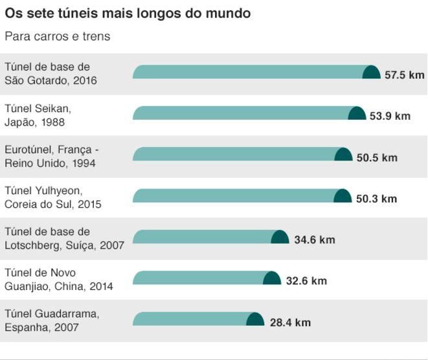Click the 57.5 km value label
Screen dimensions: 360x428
[x=404, y=75]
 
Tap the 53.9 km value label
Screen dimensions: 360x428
[x=390, y=116]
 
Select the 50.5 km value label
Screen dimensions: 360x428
[x=377, y=157]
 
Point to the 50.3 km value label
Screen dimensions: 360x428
[x=376, y=199]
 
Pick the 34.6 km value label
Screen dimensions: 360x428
[x=314, y=240]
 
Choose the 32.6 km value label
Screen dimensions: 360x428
[x=306, y=281]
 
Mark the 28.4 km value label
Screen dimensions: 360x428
[x=289, y=322]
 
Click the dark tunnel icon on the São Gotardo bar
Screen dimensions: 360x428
[x=371, y=73]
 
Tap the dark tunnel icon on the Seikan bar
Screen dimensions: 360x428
[x=357, y=113]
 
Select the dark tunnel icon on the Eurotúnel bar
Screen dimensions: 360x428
[x=343, y=155]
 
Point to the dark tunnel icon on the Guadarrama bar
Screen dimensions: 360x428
[x=255, y=319]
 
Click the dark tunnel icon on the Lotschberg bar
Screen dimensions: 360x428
[x=280, y=237]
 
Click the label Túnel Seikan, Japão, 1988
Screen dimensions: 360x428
[x=38, y=115]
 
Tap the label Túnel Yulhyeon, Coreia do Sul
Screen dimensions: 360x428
[x=52, y=197]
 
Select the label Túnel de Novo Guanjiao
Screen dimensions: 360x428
[x=58, y=280]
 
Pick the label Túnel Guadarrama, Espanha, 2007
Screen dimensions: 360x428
[x=51, y=321]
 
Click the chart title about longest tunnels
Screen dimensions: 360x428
[x=128, y=13]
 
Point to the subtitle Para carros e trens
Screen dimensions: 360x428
[x=58, y=36]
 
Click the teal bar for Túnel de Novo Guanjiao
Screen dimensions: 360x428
[x=197, y=278]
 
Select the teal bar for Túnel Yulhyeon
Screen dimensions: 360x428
[x=233, y=196]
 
